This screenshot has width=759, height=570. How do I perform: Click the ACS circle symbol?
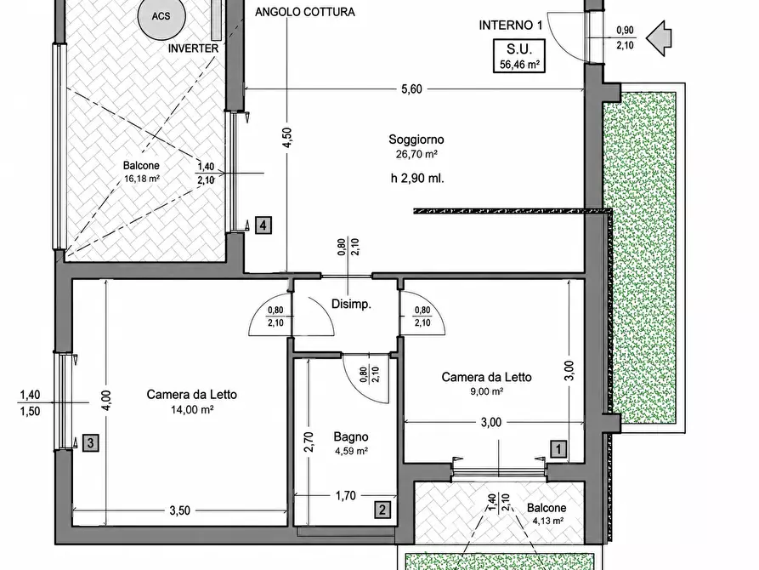(161, 16)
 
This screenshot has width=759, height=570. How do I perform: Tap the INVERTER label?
(194, 48)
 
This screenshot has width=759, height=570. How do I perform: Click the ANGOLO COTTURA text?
(305, 12)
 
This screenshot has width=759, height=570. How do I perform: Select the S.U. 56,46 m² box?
(519, 56)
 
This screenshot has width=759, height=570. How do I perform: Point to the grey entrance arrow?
(659, 38)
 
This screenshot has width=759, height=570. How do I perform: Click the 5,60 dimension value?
(412, 89)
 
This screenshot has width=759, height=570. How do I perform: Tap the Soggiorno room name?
(416, 140)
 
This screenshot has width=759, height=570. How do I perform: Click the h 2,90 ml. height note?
(417, 179)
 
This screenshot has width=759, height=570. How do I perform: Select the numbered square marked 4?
(263, 225)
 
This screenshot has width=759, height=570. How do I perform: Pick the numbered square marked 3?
(91, 442)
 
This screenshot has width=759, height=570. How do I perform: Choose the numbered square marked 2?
(382, 510)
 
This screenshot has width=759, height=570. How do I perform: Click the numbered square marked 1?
(558, 449)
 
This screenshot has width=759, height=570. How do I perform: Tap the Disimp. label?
(351, 305)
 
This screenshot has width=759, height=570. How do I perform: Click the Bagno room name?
(351, 437)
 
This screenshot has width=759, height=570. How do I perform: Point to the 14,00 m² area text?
(192, 410)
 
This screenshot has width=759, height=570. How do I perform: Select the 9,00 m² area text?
(486, 391)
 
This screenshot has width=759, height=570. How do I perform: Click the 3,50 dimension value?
(179, 510)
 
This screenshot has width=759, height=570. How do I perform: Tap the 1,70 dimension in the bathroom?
(346, 496)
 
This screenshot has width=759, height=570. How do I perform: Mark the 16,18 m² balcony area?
(142, 179)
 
